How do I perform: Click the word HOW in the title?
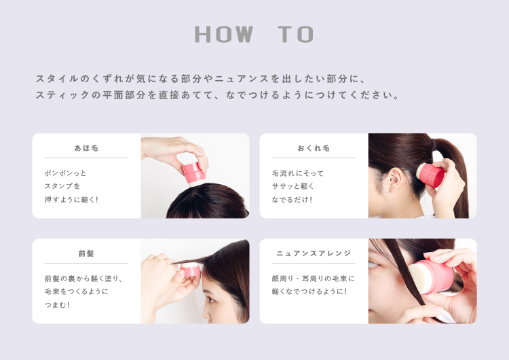pos(224,34)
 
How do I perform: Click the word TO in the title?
pos(296,34)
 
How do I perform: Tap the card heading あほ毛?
pos(86,148)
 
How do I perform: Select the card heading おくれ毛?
pos(314,148)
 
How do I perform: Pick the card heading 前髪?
pos(86,253)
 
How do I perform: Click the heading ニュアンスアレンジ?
pos(314,253)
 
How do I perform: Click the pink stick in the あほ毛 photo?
pos(194,173)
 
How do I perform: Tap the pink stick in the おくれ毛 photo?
pos(432,175)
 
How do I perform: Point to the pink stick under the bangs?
pos(190,270)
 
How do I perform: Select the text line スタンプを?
pos(62,186)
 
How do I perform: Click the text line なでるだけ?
pos(292,200)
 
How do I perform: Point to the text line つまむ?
pos(57,305)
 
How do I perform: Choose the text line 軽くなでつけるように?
pos(309,291)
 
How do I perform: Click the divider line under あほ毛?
pos(86,158)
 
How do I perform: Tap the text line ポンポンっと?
pos(65,173)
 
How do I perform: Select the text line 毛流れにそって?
pos(298,173)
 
